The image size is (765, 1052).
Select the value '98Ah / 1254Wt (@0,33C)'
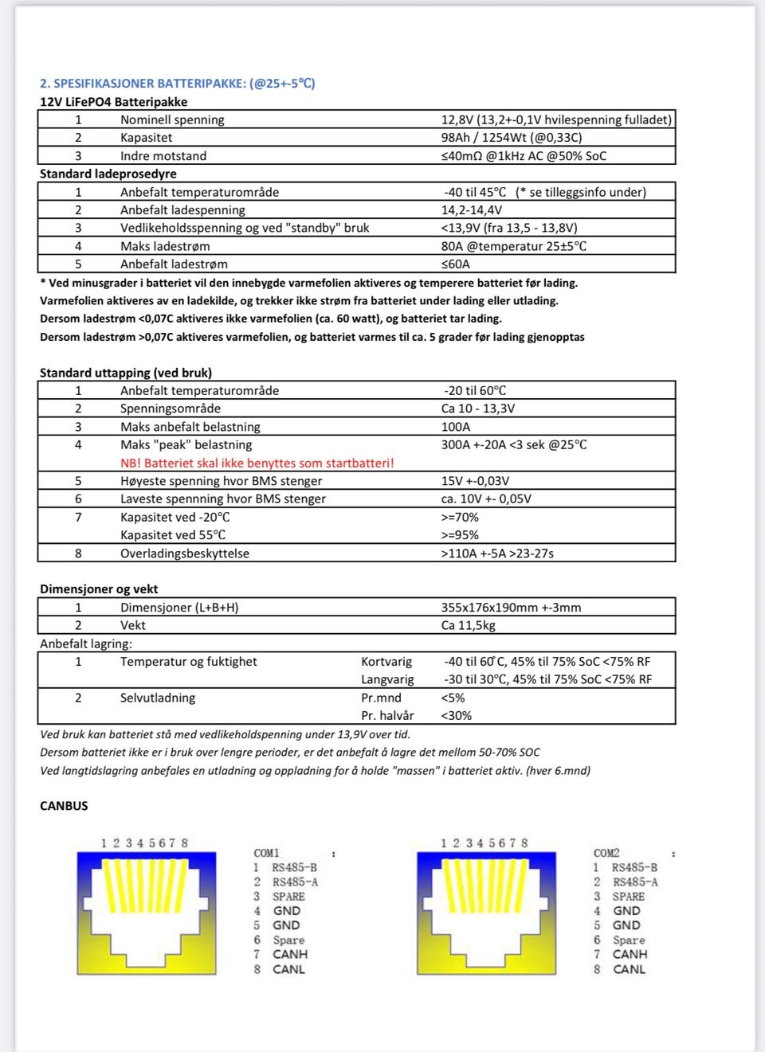click(511, 138)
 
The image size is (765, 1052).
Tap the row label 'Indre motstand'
click(163, 156)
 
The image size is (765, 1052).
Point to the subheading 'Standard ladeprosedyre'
click(108, 174)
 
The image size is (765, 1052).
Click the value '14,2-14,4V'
click(472, 210)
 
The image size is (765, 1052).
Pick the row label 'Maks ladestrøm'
click(165, 246)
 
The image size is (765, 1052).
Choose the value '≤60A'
click(456, 264)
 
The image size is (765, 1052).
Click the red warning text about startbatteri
click(257, 463)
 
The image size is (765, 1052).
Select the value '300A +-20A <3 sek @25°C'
click(513, 444)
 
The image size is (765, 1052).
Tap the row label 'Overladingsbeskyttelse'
click(185, 553)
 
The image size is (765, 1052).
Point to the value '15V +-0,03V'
click(475, 481)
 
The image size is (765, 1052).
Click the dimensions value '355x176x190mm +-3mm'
click(511, 608)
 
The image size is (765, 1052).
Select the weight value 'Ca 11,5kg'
click(468, 625)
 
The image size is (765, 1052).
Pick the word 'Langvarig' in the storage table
click(387, 679)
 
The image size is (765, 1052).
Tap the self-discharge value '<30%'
click(456, 715)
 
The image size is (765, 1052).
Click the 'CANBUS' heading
click(64, 806)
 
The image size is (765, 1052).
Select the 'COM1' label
click(267, 853)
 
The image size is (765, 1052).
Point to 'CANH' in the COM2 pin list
click(630, 954)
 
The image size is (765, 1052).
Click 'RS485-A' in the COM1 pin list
click(295, 882)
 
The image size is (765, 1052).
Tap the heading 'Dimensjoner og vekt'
click(99, 589)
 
